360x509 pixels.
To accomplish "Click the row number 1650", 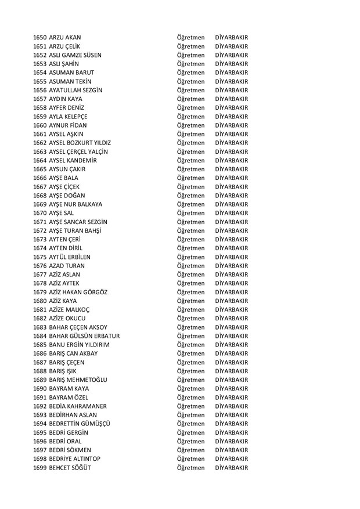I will click(x=41, y=38).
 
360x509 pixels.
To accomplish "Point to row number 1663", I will click(x=41, y=151).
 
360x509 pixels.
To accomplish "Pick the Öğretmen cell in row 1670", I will click(x=191, y=213).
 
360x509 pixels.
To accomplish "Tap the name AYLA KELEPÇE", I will click(x=73, y=117).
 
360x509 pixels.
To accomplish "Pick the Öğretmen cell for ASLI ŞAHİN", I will click(x=191, y=64).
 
